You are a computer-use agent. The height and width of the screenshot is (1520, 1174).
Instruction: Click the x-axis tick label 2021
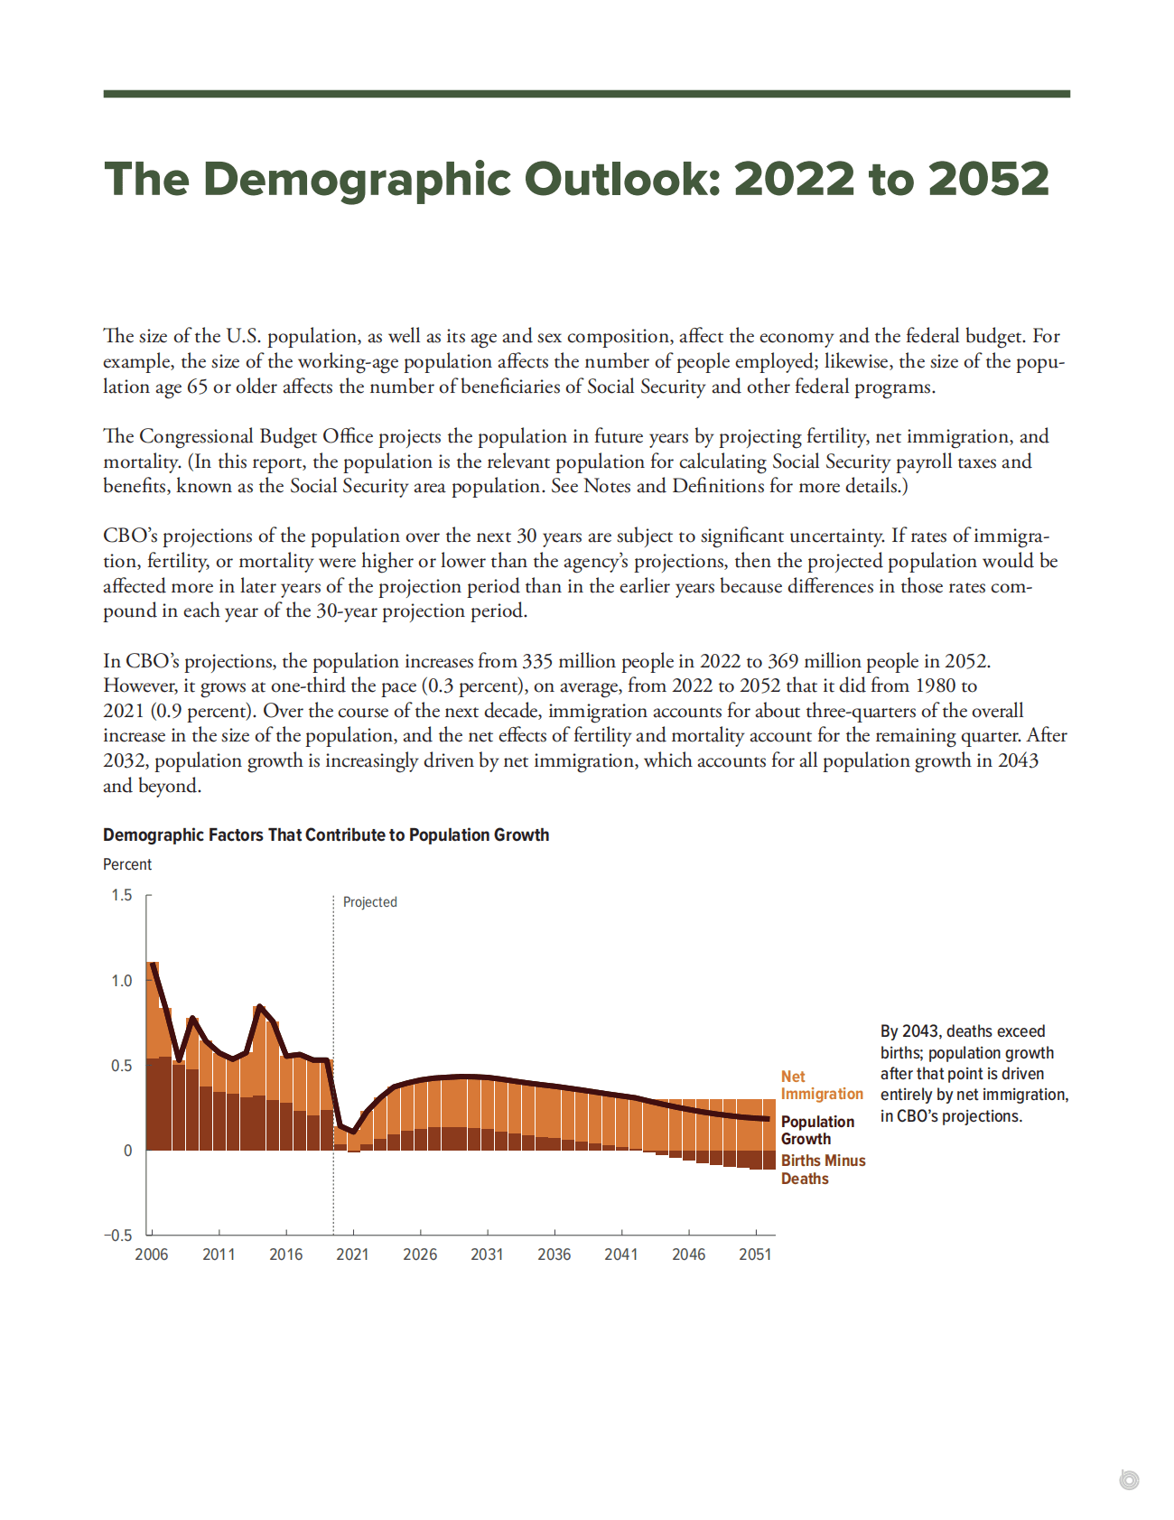[352, 1254]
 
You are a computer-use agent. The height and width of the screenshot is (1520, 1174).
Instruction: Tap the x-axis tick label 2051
[755, 1254]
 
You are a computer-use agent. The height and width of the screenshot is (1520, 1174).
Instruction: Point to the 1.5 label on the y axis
[121, 895]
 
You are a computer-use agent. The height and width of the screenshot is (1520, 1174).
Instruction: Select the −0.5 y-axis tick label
[117, 1236]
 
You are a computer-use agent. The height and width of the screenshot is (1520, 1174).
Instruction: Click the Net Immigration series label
[821, 1085]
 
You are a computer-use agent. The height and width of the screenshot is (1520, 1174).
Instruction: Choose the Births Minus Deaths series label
[822, 1170]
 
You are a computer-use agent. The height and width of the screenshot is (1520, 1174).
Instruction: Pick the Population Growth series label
[816, 1130]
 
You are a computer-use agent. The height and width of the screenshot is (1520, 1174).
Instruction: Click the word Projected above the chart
[369, 902]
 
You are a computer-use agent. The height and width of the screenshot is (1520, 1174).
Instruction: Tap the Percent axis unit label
[127, 864]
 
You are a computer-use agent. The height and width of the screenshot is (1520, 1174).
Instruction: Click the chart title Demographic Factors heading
[325, 835]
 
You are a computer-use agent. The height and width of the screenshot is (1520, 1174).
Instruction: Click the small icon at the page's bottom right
[1128, 1479]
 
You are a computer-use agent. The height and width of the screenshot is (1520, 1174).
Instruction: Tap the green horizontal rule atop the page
[586, 94]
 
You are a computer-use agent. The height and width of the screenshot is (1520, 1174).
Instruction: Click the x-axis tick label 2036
[554, 1254]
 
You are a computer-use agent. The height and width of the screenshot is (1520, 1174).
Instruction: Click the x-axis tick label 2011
[219, 1254]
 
